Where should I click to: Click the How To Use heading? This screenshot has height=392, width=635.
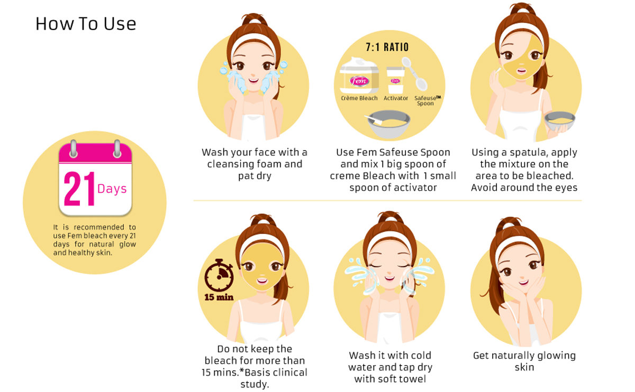click(86, 24)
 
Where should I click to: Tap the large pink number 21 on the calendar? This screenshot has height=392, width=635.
click(79, 189)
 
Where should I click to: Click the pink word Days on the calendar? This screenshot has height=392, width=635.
click(112, 189)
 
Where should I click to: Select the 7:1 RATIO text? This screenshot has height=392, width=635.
click(387, 47)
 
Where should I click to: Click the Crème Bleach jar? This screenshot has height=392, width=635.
click(359, 76)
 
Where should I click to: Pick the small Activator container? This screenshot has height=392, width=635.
click(396, 80)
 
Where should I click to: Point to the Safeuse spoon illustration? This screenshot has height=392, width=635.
click(414, 73)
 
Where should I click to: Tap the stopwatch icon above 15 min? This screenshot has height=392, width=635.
click(219, 275)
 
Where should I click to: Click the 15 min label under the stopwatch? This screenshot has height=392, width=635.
click(219, 297)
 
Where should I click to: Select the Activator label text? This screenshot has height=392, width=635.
click(396, 98)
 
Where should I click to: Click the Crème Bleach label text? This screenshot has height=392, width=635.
click(359, 98)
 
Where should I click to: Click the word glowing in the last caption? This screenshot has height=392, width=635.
click(556, 356)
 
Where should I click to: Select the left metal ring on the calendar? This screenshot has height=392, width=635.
click(73, 148)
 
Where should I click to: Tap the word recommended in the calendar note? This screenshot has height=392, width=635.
click(99, 227)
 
